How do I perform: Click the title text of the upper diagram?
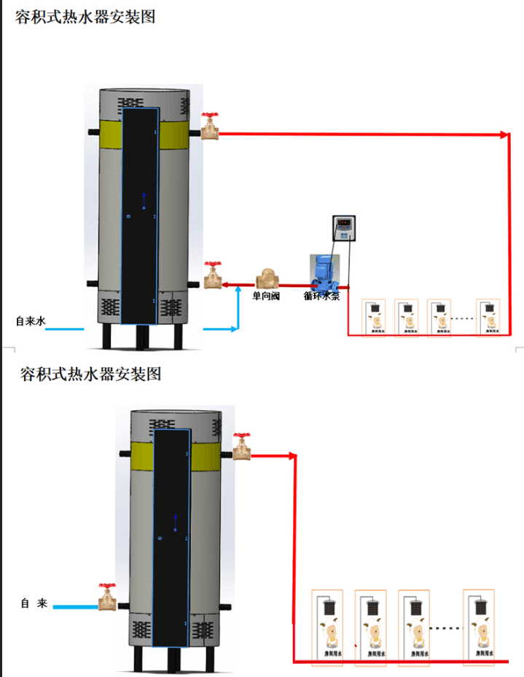(85, 16)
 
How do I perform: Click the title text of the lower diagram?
(90, 375)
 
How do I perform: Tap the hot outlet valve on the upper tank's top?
(211, 126)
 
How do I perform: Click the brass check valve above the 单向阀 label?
(267, 280)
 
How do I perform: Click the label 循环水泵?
(322, 297)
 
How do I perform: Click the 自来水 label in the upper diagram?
(31, 321)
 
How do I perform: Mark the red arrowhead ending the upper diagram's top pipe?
(504, 135)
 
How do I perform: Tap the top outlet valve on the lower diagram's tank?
(241, 447)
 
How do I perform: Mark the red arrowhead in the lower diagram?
(294, 457)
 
